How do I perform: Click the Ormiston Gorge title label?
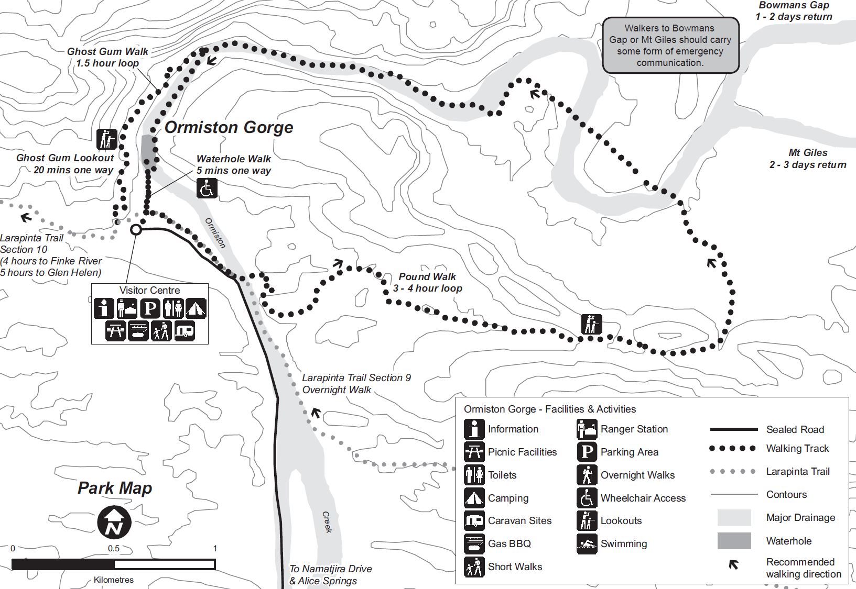coord(229,127)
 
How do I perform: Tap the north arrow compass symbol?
coord(114,522)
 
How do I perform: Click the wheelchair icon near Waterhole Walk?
coord(207,188)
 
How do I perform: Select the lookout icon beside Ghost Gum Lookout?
coord(107,139)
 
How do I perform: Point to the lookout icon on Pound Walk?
coord(592,325)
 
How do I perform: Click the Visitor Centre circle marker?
coord(136,229)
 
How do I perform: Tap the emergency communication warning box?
coord(670,46)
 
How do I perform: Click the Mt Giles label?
coord(808,159)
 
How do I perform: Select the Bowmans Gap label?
coord(794,11)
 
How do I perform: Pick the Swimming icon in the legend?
coord(587,543)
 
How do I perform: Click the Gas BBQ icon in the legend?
coord(474,543)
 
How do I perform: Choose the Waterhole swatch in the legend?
coord(734,541)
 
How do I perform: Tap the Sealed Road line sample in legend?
coord(734,429)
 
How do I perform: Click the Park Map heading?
coord(115,488)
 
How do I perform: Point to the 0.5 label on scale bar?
coord(114,549)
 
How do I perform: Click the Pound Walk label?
coord(428,282)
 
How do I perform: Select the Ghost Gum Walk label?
coord(107,57)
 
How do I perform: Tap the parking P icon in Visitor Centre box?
coord(150,308)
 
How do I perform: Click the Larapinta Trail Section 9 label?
coord(356,384)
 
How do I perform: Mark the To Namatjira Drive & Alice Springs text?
coord(330,574)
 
